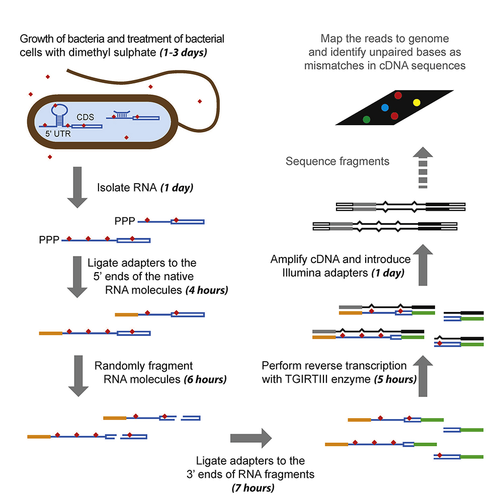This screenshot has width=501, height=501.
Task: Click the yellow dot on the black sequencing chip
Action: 416,103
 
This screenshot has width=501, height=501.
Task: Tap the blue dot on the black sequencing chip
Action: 385,107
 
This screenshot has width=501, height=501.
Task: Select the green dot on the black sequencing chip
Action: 367,119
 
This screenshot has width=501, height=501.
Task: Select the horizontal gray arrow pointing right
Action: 250,438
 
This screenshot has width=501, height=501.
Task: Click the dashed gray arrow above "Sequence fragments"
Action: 423,168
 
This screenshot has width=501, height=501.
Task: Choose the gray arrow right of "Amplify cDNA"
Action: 423,266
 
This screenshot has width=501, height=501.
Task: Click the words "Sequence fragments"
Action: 337,161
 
